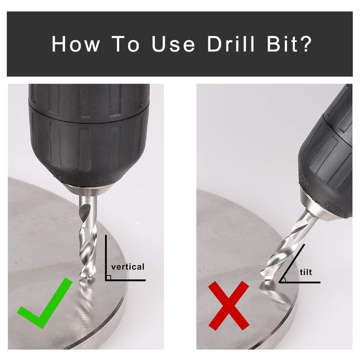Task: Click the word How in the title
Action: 76,44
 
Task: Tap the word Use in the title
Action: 173,44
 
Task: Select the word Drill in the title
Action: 231,44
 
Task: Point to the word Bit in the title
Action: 282,44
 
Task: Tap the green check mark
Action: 45,303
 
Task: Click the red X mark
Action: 229,306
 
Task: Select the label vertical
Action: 128,267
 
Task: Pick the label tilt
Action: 306,272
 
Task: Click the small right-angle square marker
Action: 109,277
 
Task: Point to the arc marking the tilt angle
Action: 285,279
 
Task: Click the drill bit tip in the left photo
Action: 88,278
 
